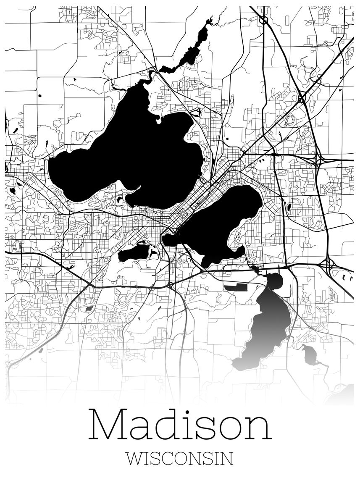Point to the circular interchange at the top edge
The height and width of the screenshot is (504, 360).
click(x=263, y=19)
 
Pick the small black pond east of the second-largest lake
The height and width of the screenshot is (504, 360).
click(x=289, y=207)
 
